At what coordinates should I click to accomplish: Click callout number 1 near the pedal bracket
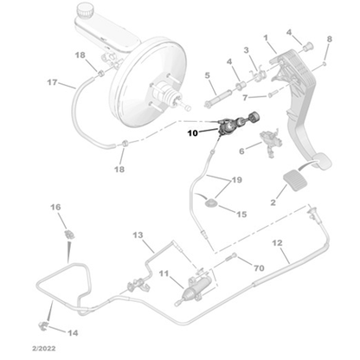click(266, 38)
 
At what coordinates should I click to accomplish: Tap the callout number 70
click(259, 269)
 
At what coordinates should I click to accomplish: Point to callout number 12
click(277, 243)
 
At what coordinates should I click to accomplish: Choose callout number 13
click(138, 235)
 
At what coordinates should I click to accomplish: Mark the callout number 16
click(56, 207)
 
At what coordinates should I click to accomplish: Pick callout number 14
click(72, 332)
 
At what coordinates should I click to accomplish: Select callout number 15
click(241, 214)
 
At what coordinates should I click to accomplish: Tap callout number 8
click(329, 40)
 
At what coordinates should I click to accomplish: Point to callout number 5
click(208, 75)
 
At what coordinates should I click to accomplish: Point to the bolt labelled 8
click(323, 65)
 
